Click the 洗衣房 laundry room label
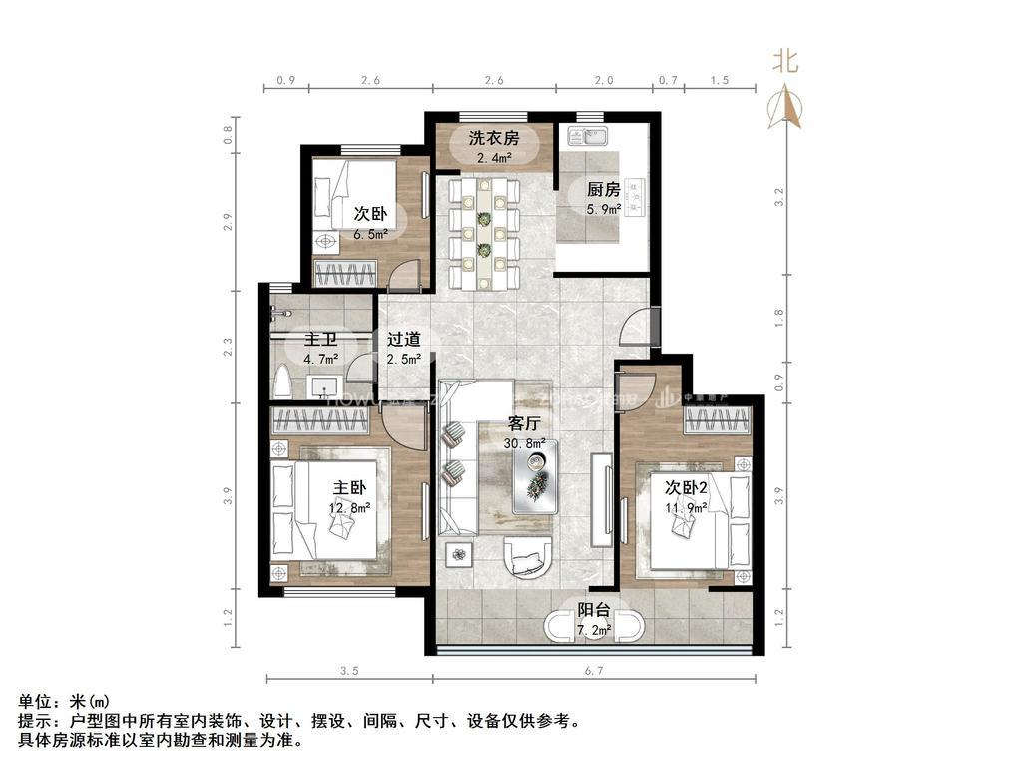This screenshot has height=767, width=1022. (x=494, y=139)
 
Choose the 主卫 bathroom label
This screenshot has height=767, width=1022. (x=320, y=340)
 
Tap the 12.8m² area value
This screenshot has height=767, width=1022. (x=351, y=507)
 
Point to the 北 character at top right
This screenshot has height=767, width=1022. (x=786, y=61)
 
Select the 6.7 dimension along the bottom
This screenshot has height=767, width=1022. (x=593, y=671)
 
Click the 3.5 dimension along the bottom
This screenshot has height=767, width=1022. (x=348, y=671)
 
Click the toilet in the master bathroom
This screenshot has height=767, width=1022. (x=282, y=382)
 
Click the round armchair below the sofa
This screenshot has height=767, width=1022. (x=526, y=556)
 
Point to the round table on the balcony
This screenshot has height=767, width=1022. (x=595, y=626)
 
